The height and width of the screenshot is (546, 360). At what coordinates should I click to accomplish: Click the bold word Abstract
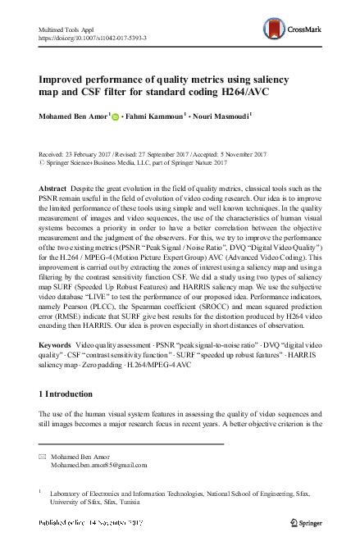tap(52, 188)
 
